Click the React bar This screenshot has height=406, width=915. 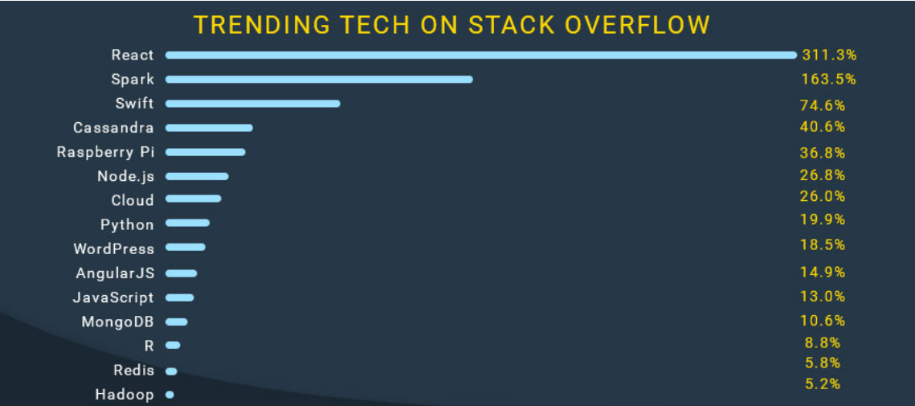[x=481, y=55]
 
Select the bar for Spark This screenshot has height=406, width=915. [x=319, y=80]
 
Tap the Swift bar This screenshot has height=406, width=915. [x=253, y=104]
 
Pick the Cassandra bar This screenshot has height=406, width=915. [x=209, y=128]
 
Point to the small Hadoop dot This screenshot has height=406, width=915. [x=170, y=395]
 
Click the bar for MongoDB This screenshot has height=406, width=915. [x=177, y=322]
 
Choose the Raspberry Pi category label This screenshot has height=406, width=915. [x=105, y=153]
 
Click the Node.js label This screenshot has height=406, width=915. [x=125, y=176]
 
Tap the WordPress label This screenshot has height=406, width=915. [x=114, y=249]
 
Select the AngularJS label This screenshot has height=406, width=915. [x=115, y=273]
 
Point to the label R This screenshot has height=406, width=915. [x=149, y=346]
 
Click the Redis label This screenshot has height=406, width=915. [x=134, y=371]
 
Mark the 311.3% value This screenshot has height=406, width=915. [x=828, y=55]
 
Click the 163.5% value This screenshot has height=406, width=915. [x=828, y=79]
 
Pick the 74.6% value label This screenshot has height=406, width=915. [x=823, y=105]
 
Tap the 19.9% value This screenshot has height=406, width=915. [x=823, y=219]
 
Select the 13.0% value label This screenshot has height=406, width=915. [x=823, y=296]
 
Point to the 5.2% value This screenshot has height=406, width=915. [x=823, y=383]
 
